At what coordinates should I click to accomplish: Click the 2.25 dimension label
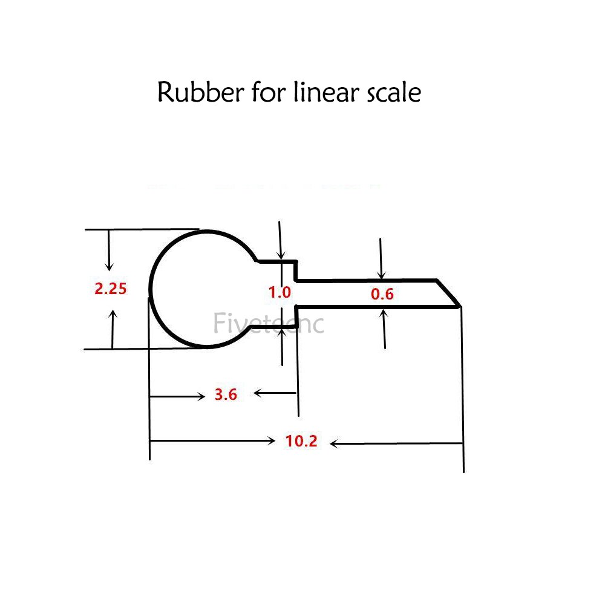click(110, 289)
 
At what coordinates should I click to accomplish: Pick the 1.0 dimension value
click(280, 292)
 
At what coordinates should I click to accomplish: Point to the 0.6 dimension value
click(382, 295)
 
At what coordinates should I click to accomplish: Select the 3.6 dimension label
click(225, 395)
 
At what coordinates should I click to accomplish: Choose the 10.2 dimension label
click(301, 442)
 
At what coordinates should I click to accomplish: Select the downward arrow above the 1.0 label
click(280, 242)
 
